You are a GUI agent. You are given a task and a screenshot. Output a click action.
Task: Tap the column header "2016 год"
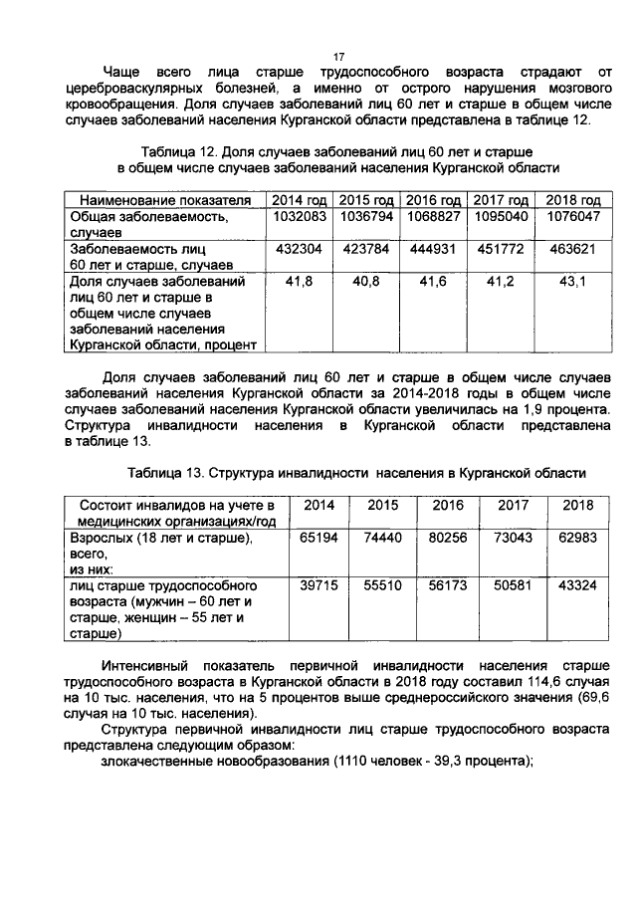tap(433, 199)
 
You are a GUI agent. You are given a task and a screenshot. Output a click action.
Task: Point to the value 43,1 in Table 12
tap(577, 282)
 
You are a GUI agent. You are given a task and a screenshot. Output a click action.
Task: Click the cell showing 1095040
tap(504, 216)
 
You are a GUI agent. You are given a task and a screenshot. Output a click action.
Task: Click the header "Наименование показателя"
tap(158, 199)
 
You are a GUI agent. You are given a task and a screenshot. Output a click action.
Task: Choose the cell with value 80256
tap(448, 538)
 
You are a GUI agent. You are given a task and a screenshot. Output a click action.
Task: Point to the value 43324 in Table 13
tap(577, 585)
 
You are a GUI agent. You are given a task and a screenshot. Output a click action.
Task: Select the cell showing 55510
tap(383, 585)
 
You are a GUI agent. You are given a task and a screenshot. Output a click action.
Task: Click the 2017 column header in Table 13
tap(513, 505)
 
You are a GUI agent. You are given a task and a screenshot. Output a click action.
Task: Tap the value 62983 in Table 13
tap(577, 538)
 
